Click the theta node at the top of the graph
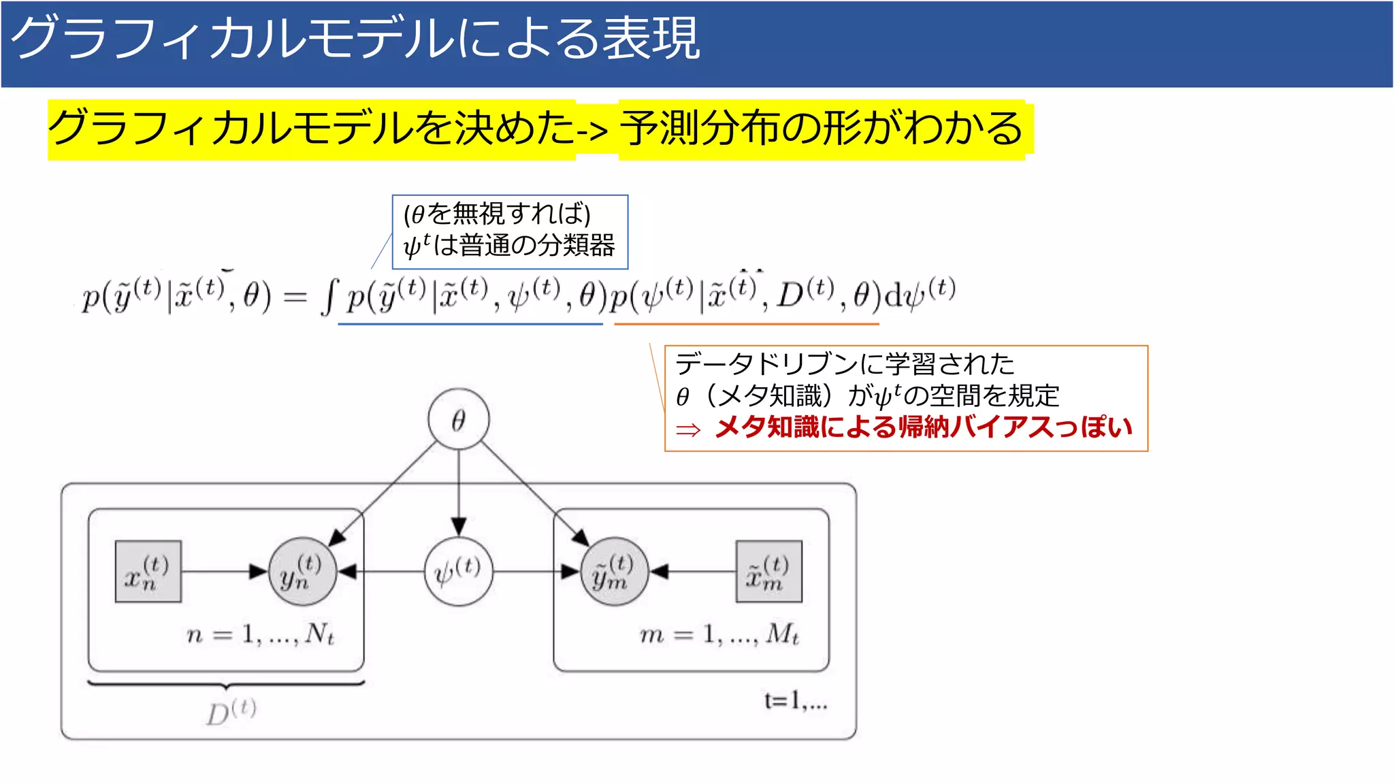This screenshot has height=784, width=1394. pos(458,419)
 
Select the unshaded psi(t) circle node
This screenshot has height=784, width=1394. pos(458,572)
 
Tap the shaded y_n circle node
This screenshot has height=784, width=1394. pos(302,572)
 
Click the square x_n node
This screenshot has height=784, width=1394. pos(148,572)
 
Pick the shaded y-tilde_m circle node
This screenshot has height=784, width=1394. pos(614,572)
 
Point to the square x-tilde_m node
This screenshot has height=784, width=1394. pos(768,572)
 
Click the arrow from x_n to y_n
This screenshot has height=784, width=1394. pos(225,572)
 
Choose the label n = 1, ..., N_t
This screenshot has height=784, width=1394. pos(261,634)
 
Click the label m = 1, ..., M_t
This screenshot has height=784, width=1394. pos(719,634)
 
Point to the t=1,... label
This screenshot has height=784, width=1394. pos(795,701)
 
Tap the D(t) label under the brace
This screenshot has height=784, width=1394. pos(231,712)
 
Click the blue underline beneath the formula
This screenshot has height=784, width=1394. pos(470,324)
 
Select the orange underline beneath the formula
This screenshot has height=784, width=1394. pos(746,324)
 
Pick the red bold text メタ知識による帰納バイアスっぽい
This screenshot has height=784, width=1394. pos(923,427)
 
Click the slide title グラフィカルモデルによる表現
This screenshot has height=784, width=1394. pos(355,38)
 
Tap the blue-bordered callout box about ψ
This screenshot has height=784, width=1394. pos(509,231)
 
